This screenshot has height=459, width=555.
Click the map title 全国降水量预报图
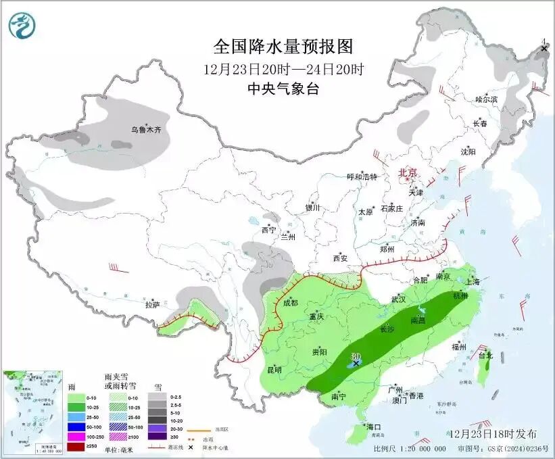283,46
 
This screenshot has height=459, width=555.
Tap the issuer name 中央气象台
283,88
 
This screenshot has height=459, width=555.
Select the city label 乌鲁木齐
147,129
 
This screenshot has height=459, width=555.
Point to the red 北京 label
409,172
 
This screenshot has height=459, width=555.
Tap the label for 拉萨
152,305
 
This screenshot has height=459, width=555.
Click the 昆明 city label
274,370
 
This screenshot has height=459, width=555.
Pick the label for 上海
471,281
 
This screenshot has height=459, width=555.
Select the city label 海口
373,427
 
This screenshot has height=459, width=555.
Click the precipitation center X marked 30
356,363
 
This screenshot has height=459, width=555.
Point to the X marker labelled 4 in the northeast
544,49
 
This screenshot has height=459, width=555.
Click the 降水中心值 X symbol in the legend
191,448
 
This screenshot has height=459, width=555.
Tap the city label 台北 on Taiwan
485,355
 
